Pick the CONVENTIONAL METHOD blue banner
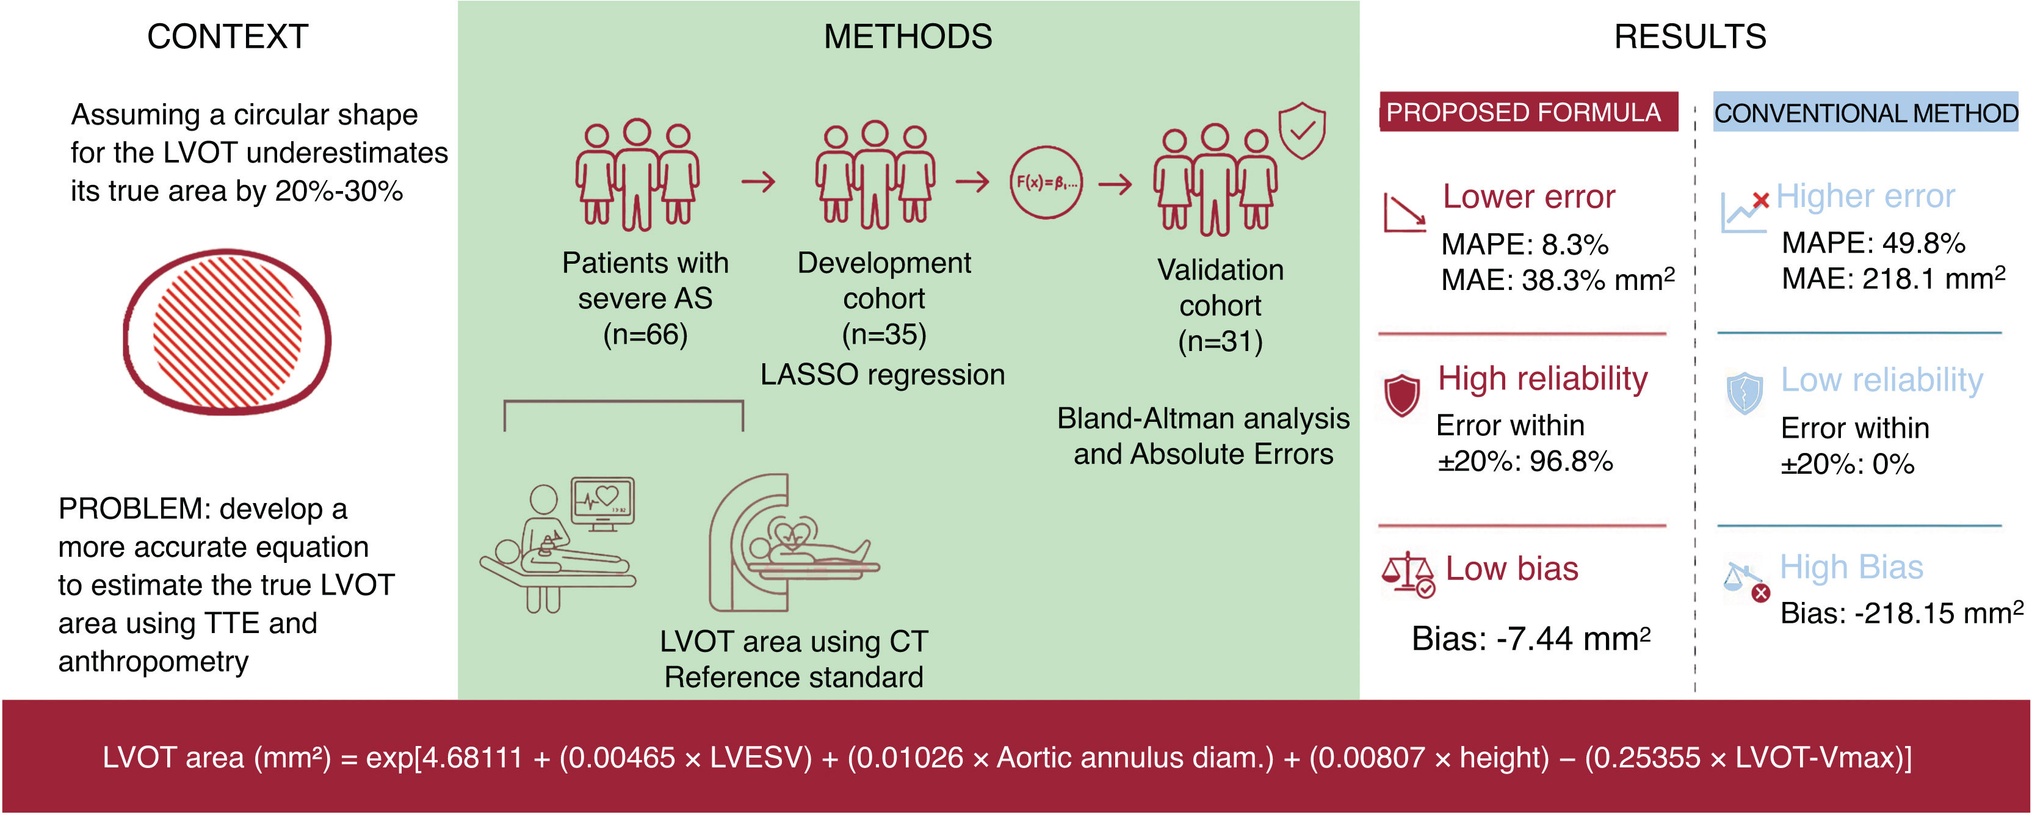click(x=1865, y=113)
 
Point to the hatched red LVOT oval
click(x=227, y=331)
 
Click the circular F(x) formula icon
click(x=1047, y=183)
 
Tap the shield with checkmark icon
click(x=1301, y=129)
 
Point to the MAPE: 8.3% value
click(x=1525, y=245)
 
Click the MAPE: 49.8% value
click(x=1873, y=243)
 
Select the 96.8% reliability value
click(x=1571, y=461)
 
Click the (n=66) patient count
click(x=645, y=335)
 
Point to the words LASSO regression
click(x=883, y=375)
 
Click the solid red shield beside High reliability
click(x=1401, y=394)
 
